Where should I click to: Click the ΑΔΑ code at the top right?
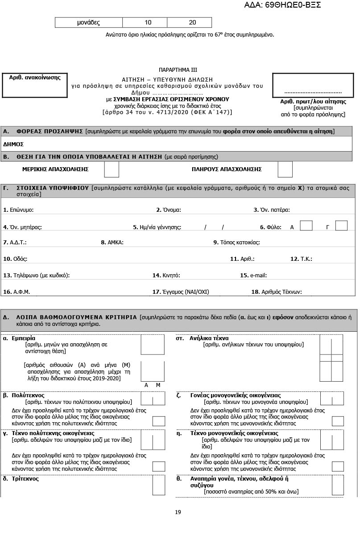tap(282, 5)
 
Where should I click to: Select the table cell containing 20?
tap(192, 23)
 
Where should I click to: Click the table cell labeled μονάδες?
tap(88, 23)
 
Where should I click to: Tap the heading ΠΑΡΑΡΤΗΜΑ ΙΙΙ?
tap(178, 70)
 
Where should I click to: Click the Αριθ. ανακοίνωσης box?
tap(35, 85)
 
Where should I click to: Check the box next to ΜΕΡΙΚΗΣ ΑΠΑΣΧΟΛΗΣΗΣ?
tap(112, 169)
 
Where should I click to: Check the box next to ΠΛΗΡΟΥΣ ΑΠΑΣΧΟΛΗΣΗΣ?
tap(285, 169)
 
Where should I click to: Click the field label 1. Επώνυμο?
tap(18, 210)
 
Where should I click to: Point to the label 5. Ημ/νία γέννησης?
tap(157, 227)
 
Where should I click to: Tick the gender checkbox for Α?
tap(306, 226)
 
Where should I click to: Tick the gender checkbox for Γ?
tap(341, 226)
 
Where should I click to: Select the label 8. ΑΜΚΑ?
tap(112, 243)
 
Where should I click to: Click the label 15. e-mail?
tap(253, 276)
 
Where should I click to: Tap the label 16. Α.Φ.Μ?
tap(17, 292)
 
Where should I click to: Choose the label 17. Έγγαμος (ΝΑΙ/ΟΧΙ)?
tap(181, 292)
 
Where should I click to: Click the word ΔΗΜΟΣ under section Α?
tap(13, 144)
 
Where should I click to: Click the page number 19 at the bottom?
tap(178, 512)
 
